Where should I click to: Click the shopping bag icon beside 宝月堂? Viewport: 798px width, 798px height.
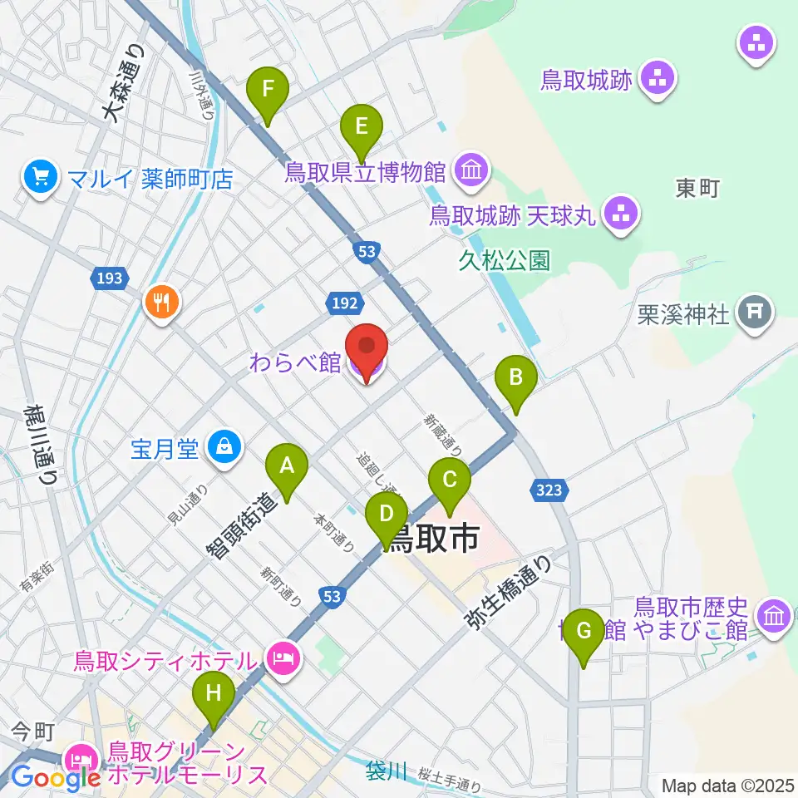224,448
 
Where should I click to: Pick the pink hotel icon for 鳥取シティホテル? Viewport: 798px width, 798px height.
282,660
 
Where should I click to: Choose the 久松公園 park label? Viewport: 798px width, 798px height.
504,261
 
